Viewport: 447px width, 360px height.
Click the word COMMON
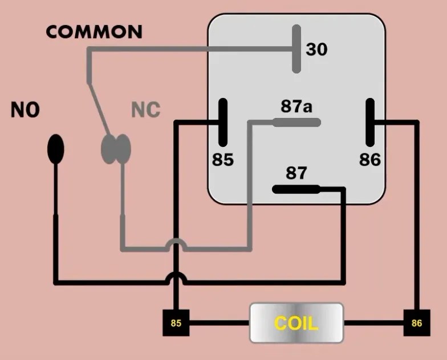pos(94,32)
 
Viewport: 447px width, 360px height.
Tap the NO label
pos(25,110)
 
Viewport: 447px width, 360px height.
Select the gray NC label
pos(146,110)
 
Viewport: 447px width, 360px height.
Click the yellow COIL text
pos(296,324)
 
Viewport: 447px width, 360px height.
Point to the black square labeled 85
pos(176,324)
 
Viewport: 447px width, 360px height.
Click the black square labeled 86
pos(416,324)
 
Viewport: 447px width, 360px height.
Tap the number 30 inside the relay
pos(316,50)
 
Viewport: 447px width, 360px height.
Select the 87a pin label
pos(296,107)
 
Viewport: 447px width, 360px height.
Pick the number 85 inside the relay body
pos(223,160)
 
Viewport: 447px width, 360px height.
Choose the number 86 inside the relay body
pos(369,160)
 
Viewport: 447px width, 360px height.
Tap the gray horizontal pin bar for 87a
pos(296,122)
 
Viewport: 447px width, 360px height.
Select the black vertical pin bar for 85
pos(223,123)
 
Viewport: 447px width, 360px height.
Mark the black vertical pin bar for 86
pos(370,123)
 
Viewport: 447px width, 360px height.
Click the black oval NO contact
pos(55,149)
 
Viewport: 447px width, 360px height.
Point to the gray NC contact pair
pos(116,149)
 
